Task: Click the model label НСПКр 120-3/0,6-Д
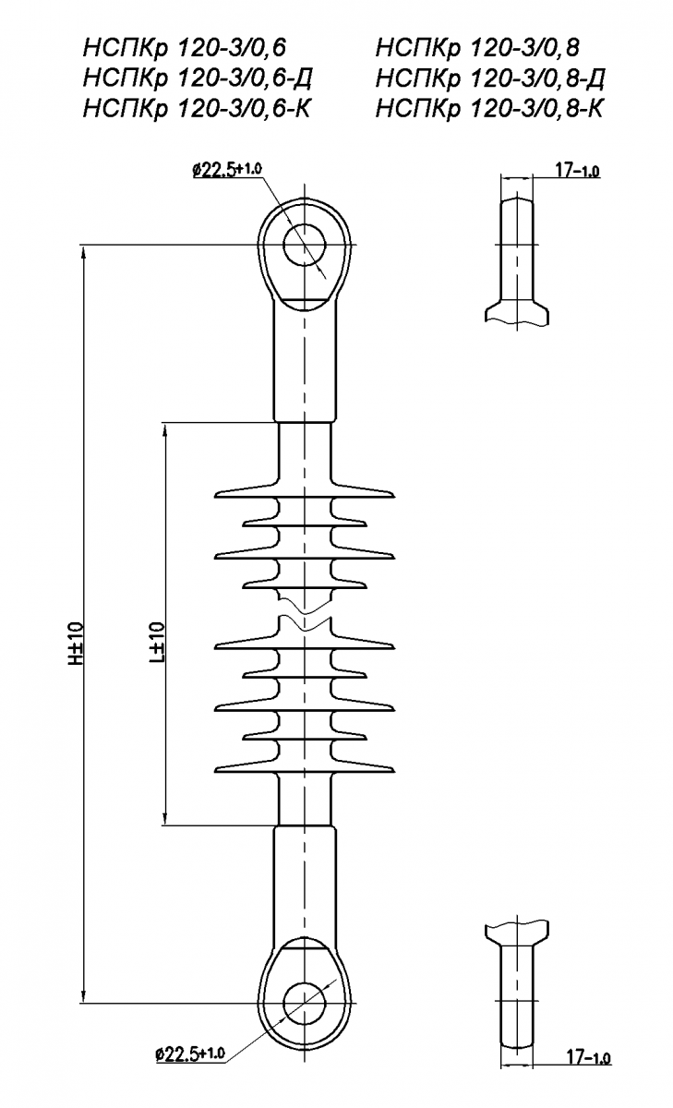[x=198, y=78]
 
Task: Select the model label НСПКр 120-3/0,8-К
[x=489, y=109]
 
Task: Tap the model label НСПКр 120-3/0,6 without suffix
[x=185, y=48]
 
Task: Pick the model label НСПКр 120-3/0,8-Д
[x=490, y=78]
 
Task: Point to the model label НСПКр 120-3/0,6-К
[x=197, y=109]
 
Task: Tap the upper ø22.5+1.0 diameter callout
[x=227, y=170]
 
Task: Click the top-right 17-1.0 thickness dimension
[x=577, y=171]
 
